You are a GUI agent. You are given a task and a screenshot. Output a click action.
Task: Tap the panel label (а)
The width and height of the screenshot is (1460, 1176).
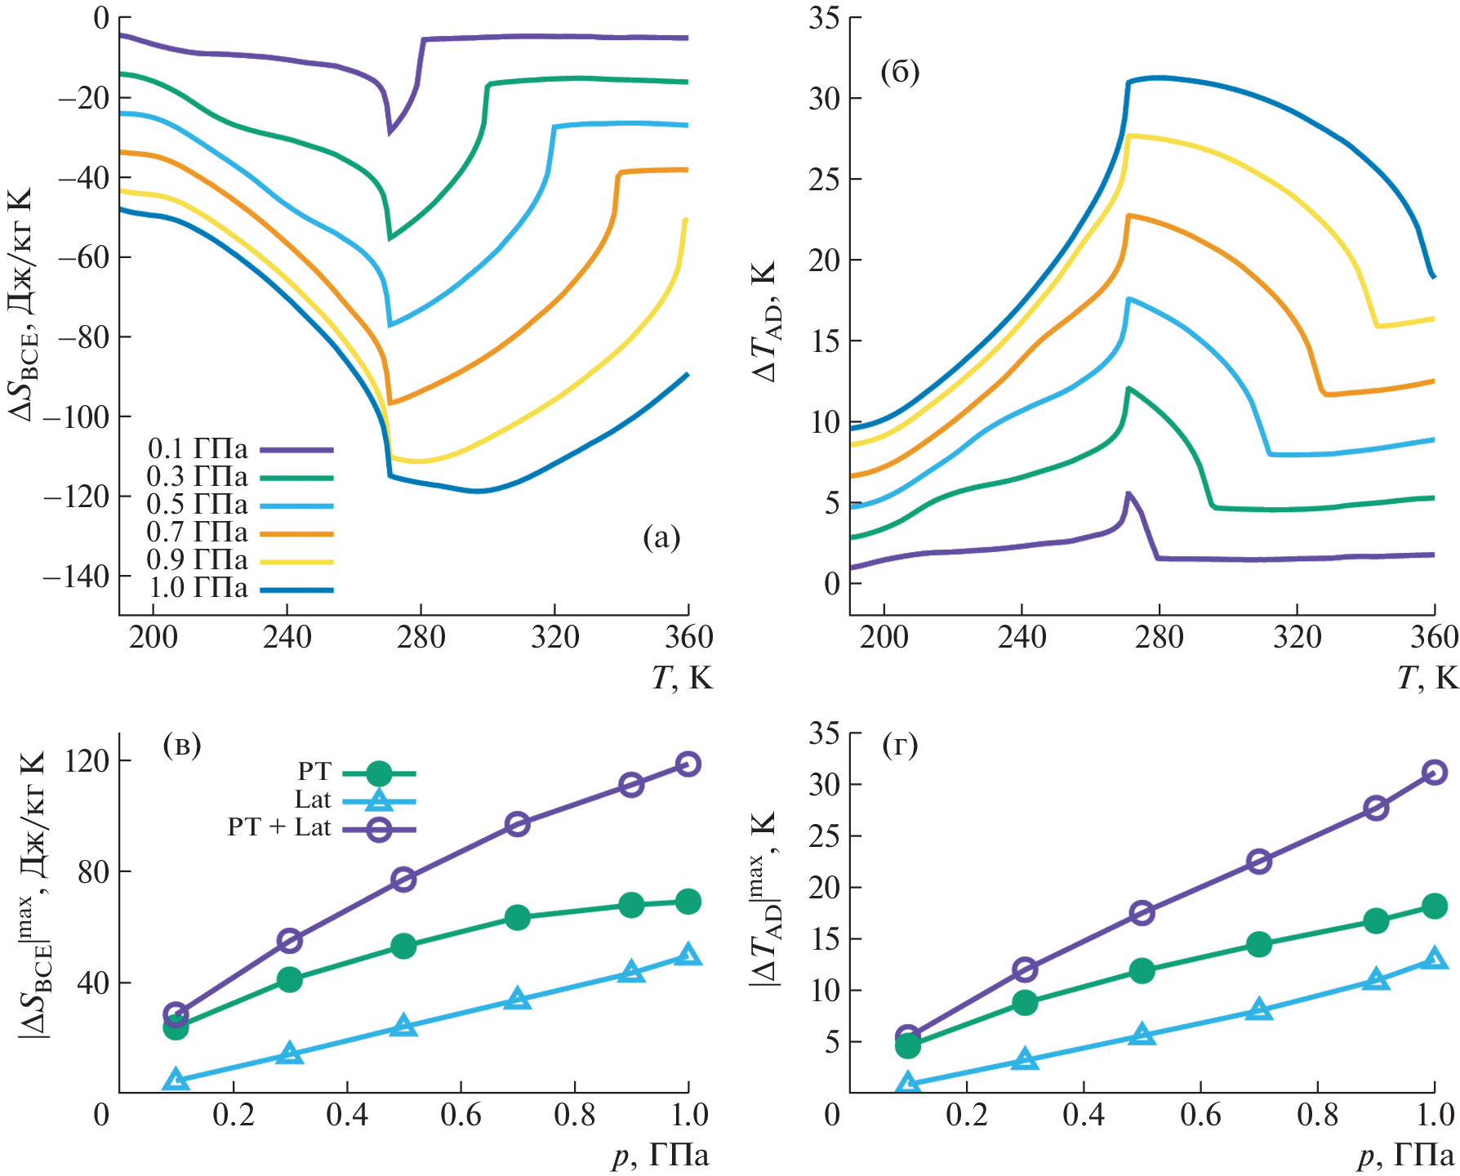click(x=661, y=537)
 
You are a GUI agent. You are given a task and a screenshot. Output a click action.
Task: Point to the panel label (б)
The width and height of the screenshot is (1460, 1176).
click(x=900, y=73)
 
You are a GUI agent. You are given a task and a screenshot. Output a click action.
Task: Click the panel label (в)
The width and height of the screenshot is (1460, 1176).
click(x=182, y=745)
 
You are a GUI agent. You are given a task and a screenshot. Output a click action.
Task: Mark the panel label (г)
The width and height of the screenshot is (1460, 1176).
click(x=901, y=745)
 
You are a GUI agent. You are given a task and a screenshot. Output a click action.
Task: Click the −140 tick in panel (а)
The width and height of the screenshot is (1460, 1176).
click(x=76, y=577)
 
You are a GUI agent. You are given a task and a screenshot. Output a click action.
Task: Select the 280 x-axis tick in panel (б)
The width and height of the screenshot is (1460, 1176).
click(x=1159, y=637)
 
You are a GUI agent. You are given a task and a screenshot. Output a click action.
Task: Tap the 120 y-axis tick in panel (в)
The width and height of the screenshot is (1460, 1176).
click(x=88, y=761)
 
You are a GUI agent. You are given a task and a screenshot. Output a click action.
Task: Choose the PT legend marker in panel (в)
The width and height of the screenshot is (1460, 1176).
click(x=379, y=773)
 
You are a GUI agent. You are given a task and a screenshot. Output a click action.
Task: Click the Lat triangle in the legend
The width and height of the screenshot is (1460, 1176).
click(x=379, y=800)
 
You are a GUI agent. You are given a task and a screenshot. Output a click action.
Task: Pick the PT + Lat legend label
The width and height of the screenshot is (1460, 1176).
click(x=278, y=828)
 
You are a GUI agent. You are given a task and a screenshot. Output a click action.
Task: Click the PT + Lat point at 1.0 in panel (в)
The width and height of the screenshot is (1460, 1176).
click(x=688, y=764)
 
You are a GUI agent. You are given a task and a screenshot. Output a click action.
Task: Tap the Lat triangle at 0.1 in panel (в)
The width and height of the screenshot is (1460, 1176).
click(x=176, y=1081)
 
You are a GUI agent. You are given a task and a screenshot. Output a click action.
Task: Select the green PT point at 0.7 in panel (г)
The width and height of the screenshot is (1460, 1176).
click(x=1259, y=944)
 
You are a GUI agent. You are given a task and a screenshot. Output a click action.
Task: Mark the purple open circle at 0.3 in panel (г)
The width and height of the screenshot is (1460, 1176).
click(x=1025, y=970)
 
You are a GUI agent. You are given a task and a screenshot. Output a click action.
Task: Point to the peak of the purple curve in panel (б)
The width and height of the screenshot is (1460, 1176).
click(x=1128, y=493)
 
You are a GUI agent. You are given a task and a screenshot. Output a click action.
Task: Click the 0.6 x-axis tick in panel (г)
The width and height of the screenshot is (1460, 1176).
click(x=1200, y=1116)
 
